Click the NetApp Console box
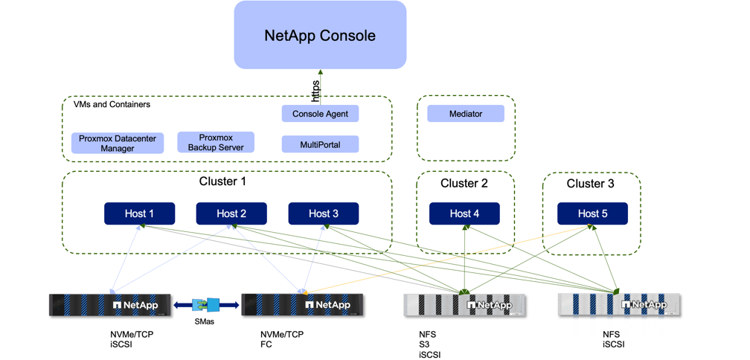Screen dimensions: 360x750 point(320,35)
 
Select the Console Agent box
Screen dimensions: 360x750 point(320,114)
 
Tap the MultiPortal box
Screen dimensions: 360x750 point(320,144)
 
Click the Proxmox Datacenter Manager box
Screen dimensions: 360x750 point(118,144)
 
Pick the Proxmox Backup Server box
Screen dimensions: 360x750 point(216,142)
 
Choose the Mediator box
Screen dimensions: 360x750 point(466,114)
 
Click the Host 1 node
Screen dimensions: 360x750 point(139,213)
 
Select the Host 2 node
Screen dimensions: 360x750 point(231,213)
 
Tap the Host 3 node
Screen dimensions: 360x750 point(324,213)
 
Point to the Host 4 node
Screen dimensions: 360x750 point(464,213)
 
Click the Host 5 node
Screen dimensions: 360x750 point(592,213)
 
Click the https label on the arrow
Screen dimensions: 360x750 point(315,91)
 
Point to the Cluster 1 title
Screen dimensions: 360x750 point(222,181)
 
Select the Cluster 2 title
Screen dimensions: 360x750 point(464,184)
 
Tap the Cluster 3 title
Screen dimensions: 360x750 point(591,184)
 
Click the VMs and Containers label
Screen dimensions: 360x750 point(112,105)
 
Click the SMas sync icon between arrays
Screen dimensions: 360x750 point(205,305)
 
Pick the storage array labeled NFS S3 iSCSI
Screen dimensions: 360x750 point(464,305)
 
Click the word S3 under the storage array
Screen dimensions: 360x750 point(424,345)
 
